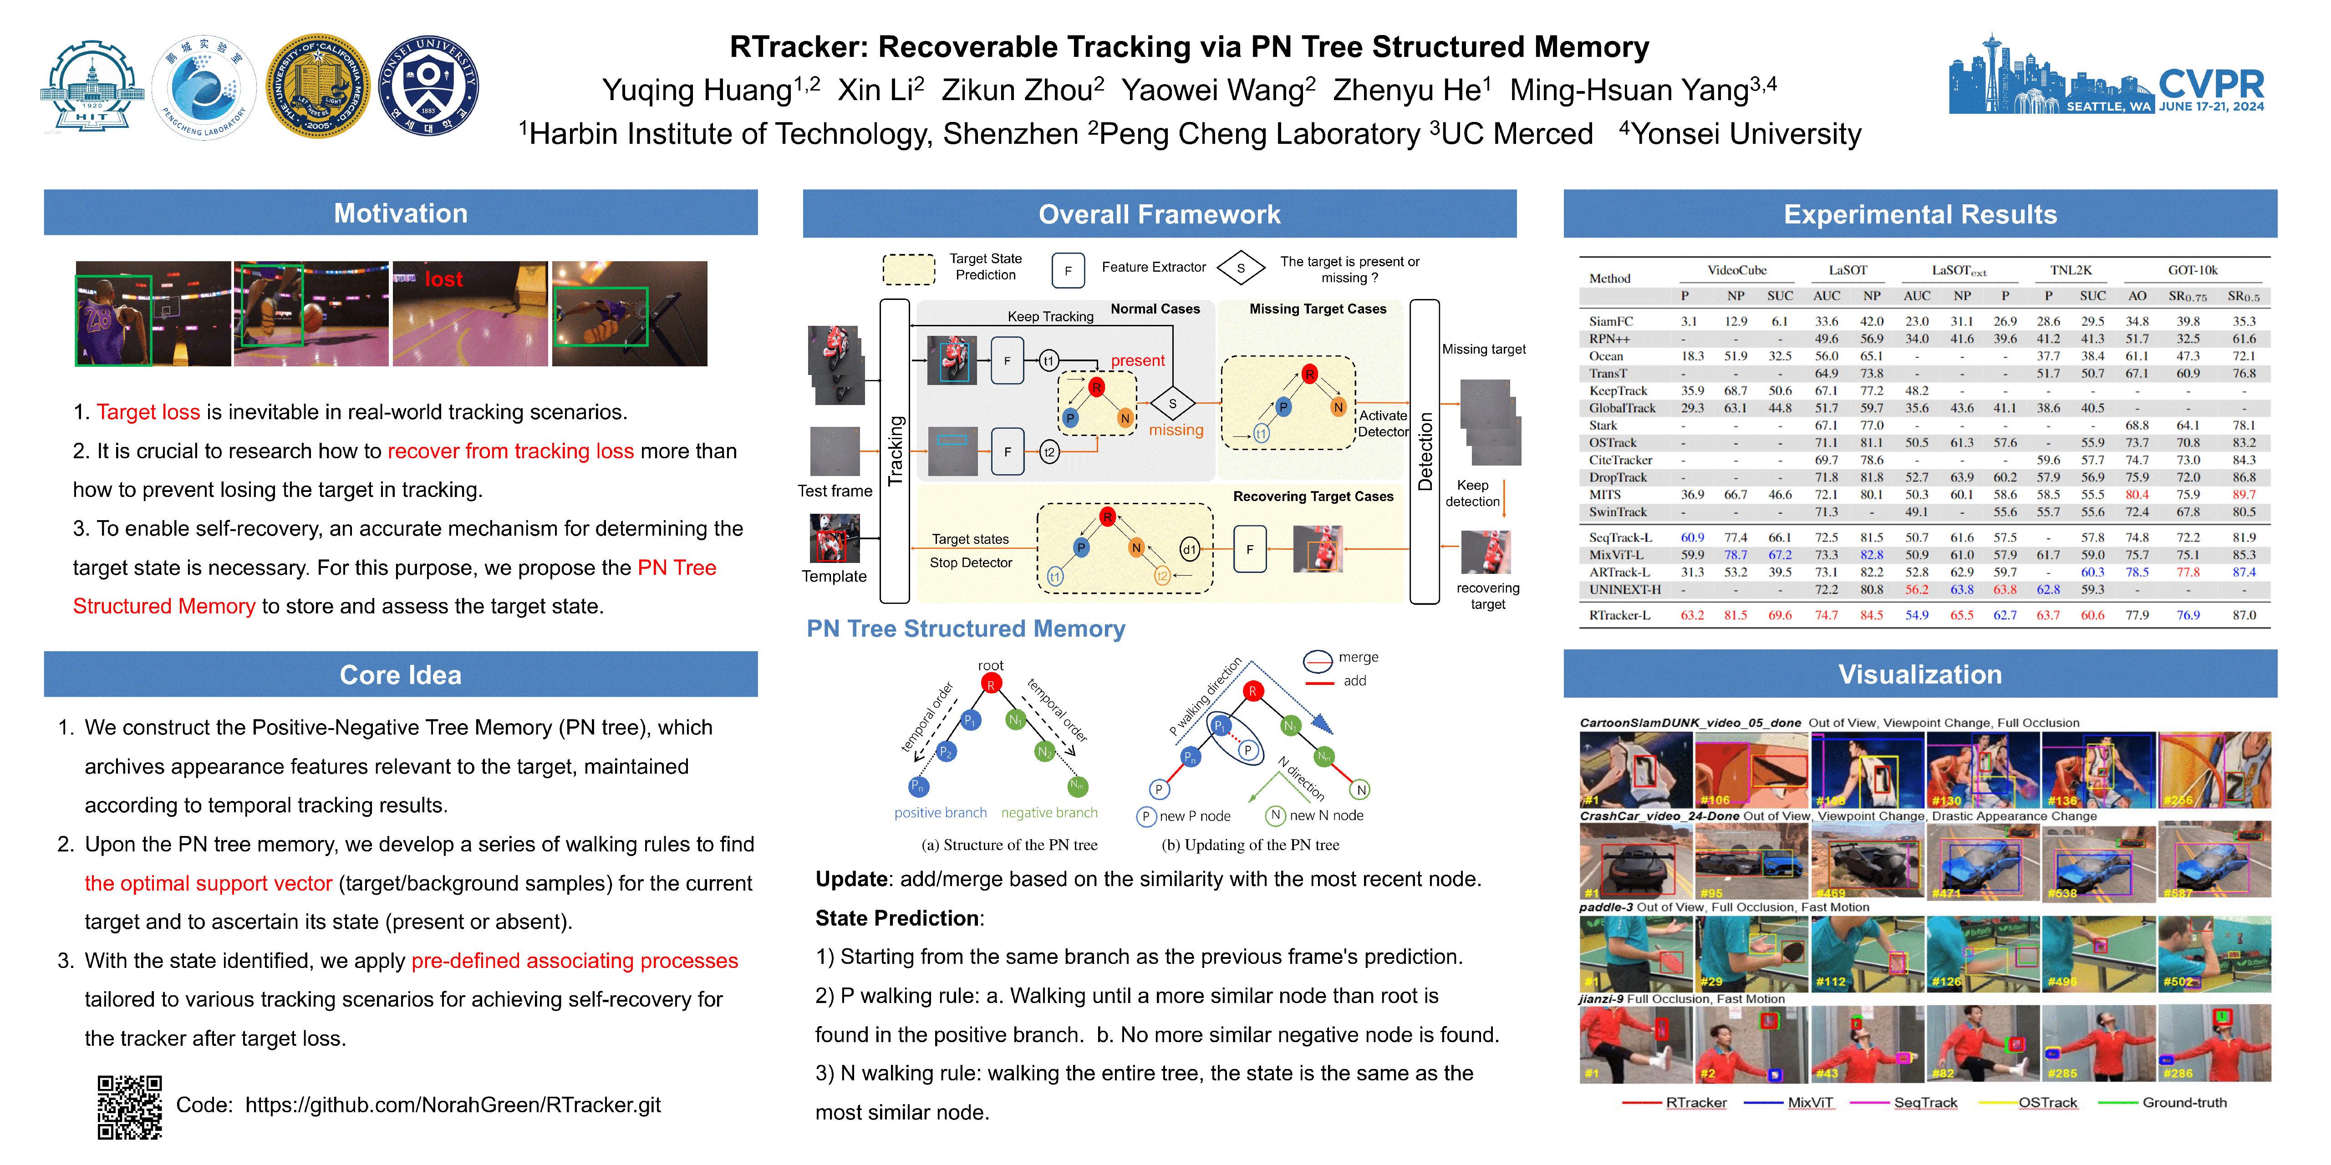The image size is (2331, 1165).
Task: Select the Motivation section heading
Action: (x=400, y=213)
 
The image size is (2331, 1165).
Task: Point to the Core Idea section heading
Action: (x=400, y=675)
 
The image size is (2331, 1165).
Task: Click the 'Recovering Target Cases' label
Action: (x=1313, y=496)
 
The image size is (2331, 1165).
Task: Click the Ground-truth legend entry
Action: (x=2183, y=1103)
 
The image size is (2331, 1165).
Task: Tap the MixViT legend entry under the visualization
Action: (x=1810, y=1103)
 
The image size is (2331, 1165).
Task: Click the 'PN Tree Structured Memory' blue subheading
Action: (x=966, y=628)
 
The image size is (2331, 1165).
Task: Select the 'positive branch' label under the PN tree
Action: (x=940, y=812)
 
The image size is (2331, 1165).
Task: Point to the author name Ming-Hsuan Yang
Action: (x=1629, y=91)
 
